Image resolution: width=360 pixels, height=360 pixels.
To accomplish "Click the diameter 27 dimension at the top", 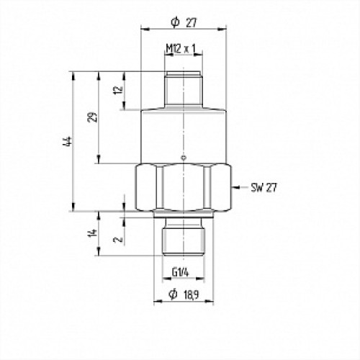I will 184,22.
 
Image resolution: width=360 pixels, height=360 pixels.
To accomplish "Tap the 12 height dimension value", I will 118,91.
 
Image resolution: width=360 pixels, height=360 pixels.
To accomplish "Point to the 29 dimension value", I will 92,117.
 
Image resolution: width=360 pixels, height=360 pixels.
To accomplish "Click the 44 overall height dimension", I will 67,142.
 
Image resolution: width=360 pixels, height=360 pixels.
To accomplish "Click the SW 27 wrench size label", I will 264,189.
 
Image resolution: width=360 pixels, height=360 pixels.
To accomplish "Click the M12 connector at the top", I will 184,89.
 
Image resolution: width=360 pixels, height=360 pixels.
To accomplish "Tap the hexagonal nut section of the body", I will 184,189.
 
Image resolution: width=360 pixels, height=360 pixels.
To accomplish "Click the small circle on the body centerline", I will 184,158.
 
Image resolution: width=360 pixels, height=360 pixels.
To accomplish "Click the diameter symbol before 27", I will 174,22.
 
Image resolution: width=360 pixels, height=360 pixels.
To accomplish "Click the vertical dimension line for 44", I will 74,142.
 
